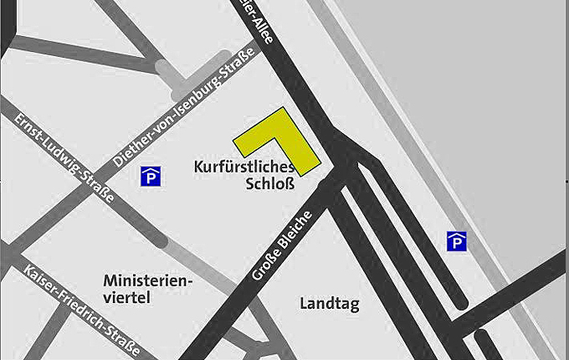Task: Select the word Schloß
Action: [269, 184]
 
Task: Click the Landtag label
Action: [329, 304]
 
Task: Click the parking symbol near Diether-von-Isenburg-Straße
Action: [151, 176]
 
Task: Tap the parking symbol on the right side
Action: [456, 241]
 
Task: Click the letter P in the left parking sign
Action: [151, 177]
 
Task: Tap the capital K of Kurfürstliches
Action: [198, 167]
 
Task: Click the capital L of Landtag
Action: [303, 304]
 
